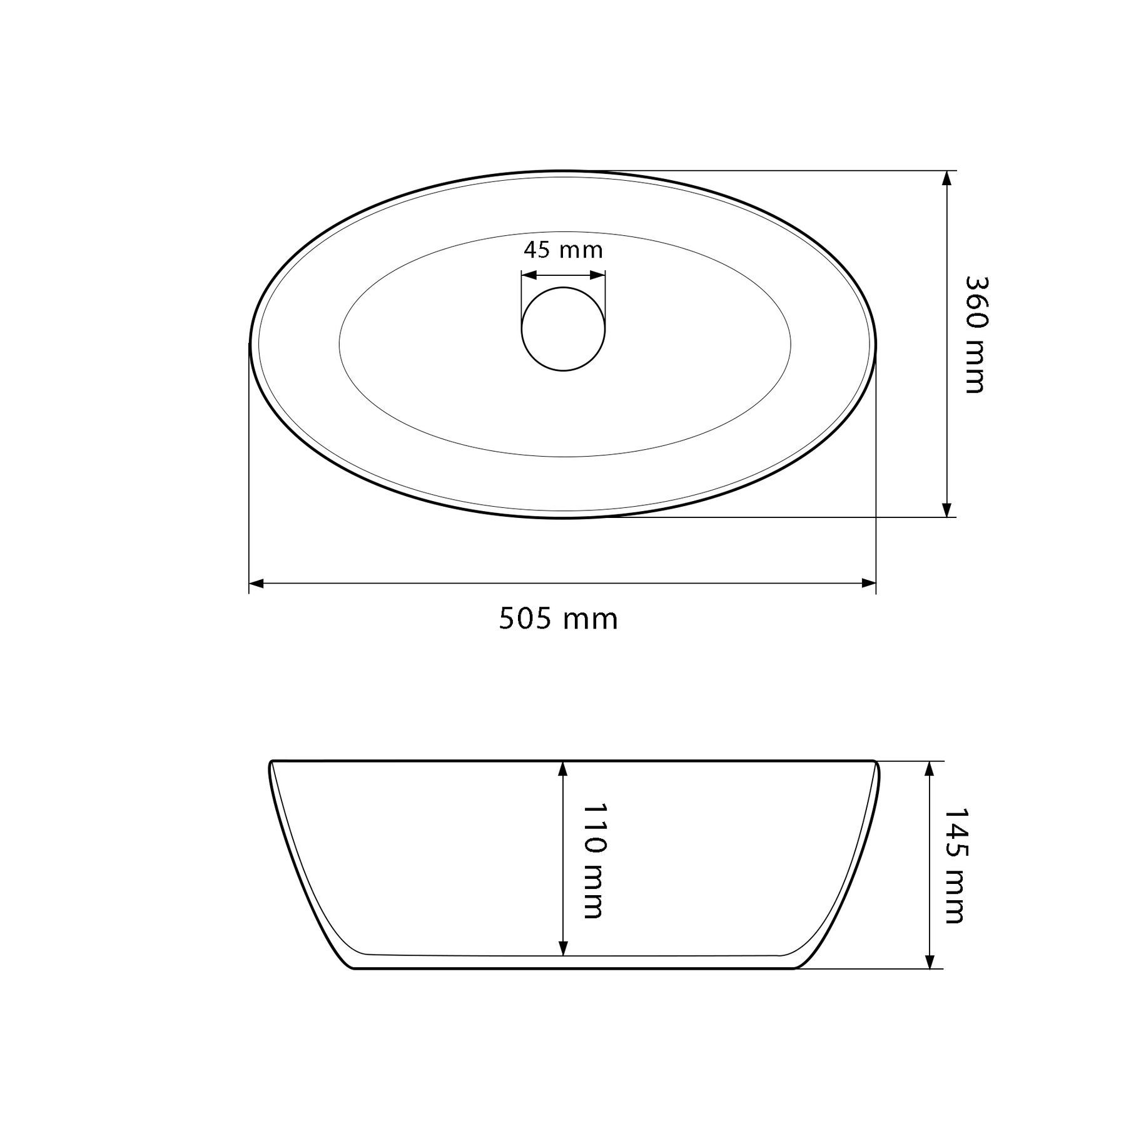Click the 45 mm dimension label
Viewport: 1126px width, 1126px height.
pos(563,250)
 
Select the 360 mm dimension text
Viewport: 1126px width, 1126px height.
pos(974,335)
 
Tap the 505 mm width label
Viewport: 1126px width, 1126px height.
pos(558,619)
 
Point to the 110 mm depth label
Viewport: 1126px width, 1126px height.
pos(593,861)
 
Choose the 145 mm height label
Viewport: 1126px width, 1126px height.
pos(953,866)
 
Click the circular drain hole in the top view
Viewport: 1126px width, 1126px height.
pos(564,329)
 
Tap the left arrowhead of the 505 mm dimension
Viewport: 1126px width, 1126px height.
pos(256,584)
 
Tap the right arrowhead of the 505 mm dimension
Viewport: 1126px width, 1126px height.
pos(868,584)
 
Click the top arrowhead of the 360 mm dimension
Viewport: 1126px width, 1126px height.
pos(946,178)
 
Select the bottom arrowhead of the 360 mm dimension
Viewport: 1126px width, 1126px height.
pos(946,510)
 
